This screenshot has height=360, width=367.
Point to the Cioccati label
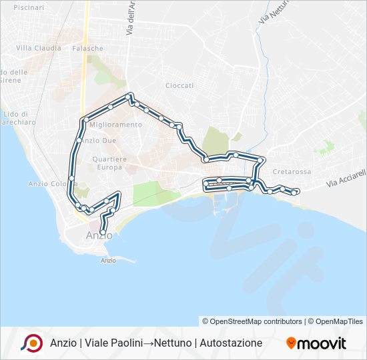coord(179,85)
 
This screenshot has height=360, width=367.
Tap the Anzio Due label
coord(101,140)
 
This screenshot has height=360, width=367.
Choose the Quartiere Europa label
coord(109,163)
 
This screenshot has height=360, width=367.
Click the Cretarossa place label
coord(292,171)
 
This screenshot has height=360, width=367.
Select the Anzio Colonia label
coord(49,183)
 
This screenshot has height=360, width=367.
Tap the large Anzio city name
coord(99,235)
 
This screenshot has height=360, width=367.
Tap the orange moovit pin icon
coord(291,343)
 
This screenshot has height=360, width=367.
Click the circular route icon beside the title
coord(31,343)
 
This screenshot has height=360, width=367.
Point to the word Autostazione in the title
coord(227,343)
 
